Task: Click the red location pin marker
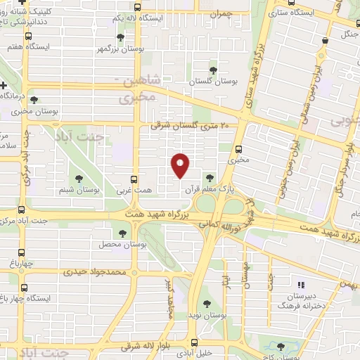pyautogui.click(x=181, y=165)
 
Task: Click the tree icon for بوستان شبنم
pyautogui.click(x=78, y=179)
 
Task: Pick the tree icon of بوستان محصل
pyautogui.click(x=123, y=233)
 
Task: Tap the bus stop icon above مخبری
pyautogui.click(x=238, y=148)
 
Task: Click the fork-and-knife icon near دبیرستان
pyautogui.click(x=302, y=285)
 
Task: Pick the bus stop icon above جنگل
pyautogui.click(x=324, y=41)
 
